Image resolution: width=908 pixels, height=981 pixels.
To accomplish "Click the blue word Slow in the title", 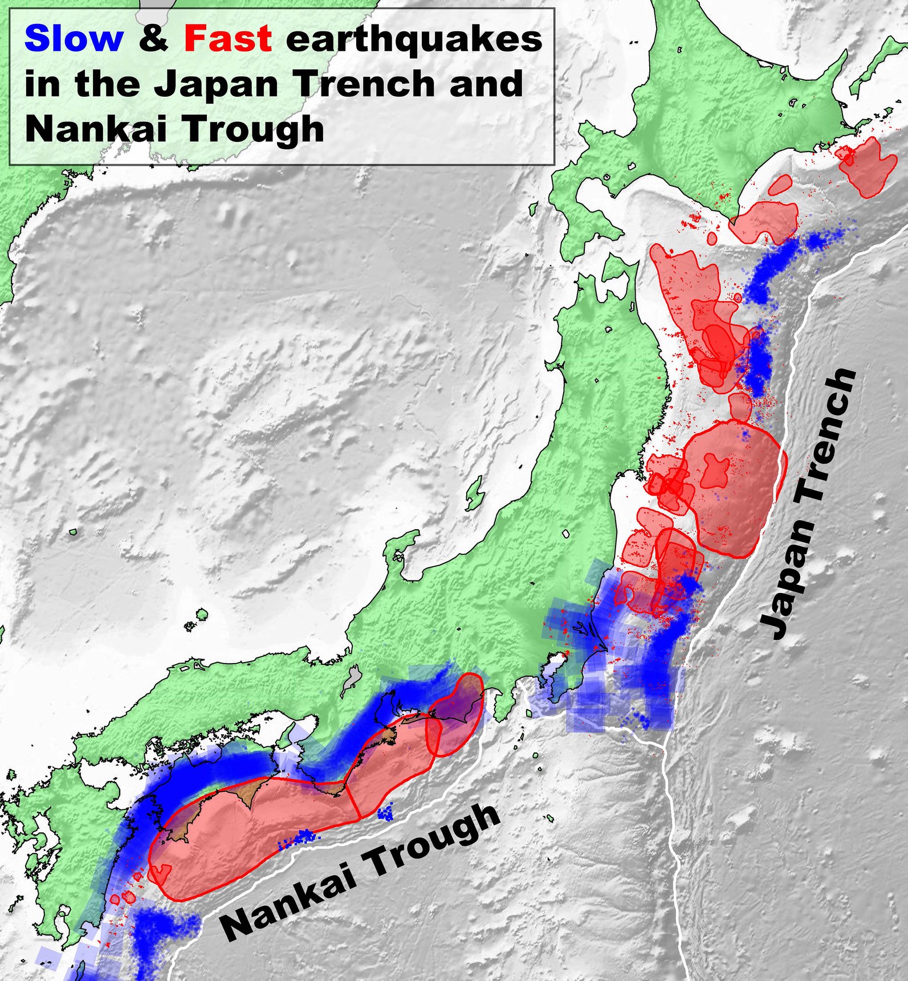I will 74,39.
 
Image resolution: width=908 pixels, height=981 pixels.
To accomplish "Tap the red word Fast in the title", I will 228,39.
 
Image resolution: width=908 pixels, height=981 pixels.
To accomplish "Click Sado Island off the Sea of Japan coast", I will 475,494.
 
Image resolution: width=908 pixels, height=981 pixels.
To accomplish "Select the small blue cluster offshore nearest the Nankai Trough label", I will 302,837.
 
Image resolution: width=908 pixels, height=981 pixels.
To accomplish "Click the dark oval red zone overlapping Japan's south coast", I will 456,715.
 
